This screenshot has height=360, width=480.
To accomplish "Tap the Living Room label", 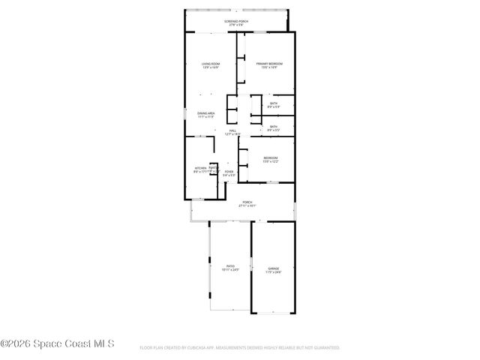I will pos(210,64).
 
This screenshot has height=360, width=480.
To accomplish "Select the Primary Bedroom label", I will pos(267,64).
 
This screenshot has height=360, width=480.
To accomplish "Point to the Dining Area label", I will pos(206,112).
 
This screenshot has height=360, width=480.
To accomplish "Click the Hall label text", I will pos(233,131).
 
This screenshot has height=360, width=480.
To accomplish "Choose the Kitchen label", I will pos(200,168).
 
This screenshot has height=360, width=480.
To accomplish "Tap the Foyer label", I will pos(229,172).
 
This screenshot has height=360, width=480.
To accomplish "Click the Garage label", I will pos(273,268).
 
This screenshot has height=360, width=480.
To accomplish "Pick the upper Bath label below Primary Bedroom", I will pos(274,103).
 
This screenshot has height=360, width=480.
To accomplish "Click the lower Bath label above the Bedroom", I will pos(274,127).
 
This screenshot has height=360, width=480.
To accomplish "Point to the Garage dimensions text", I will pos(273,271).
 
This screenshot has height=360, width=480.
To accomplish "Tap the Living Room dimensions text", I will pos(210,67).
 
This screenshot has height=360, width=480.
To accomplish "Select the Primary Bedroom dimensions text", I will pos(267,67).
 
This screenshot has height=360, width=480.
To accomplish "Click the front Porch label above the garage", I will pos(247,202).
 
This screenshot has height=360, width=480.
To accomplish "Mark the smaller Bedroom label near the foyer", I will pos(271,157).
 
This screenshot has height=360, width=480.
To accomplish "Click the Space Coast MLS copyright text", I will pos(57,344).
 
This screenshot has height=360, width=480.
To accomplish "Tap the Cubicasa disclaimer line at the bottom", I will pos(240,348).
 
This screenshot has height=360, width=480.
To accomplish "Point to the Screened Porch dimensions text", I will pos(235,25).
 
